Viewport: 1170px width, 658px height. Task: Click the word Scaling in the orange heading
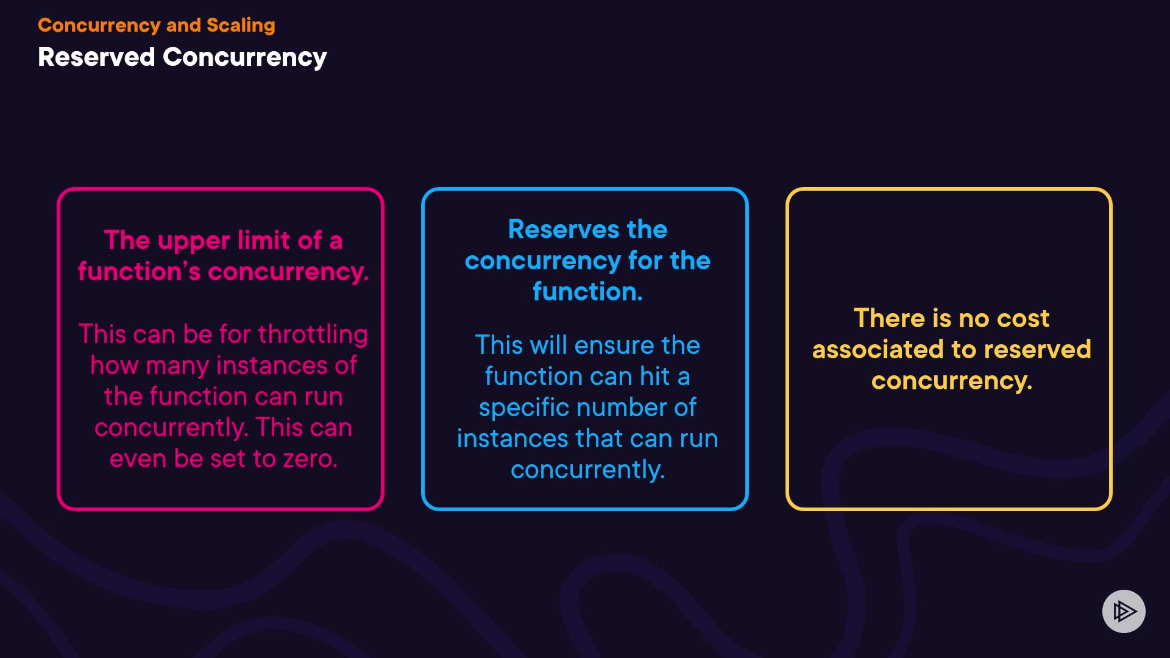241,25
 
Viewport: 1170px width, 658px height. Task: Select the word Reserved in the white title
96,57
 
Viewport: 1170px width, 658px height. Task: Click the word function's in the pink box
139,272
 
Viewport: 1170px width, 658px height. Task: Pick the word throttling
313,334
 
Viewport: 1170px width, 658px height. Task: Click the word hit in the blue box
654,377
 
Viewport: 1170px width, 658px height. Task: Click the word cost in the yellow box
1023,319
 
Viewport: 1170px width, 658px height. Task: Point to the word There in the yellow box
889,319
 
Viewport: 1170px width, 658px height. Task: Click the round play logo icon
1124,611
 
